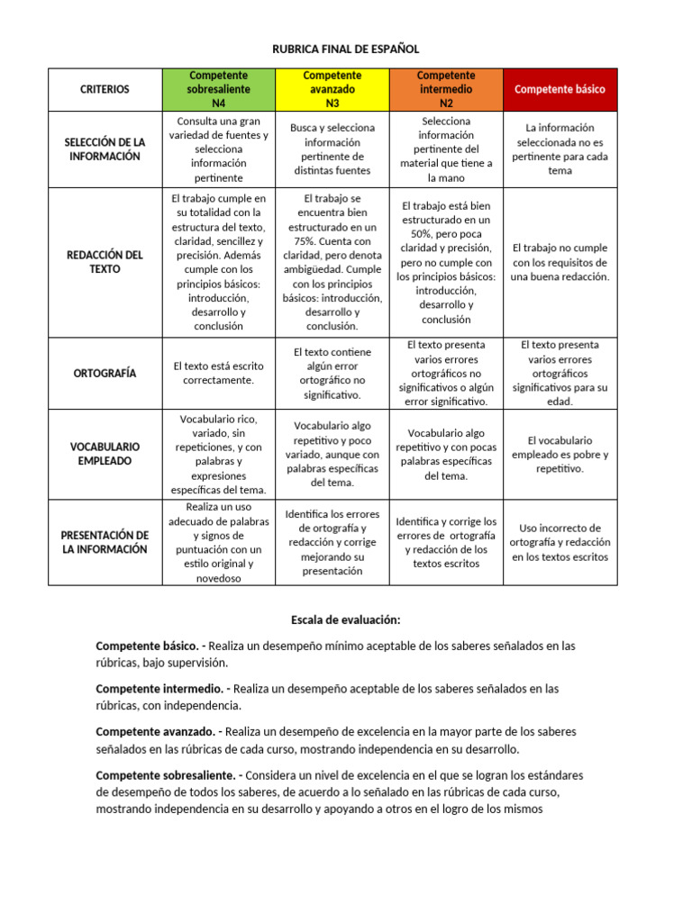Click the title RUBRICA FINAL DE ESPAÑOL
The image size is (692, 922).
[x=346, y=49]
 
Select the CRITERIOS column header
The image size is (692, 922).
[x=105, y=89]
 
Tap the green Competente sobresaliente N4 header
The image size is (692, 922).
[x=218, y=89]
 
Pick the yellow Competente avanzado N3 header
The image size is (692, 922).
[x=332, y=89]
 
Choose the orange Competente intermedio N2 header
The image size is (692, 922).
[x=446, y=89]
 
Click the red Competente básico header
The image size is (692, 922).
[x=560, y=89]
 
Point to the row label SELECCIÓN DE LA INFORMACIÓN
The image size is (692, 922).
[x=105, y=149]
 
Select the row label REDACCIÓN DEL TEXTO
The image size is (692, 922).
[x=105, y=262]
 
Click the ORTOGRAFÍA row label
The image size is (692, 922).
[x=105, y=373]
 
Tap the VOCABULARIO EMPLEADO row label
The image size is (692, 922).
[x=105, y=454]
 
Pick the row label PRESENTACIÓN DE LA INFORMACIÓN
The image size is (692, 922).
[x=105, y=542]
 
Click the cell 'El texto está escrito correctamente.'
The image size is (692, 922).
[x=218, y=373]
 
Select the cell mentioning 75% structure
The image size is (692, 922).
[x=332, y=262]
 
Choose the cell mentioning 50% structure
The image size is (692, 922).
[x=446, y=262]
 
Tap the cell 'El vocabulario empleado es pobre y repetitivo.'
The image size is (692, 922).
[x=560, y=454]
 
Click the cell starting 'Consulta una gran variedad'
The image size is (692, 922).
[x=218, y=149]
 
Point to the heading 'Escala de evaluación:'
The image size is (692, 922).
[x=346, y=619]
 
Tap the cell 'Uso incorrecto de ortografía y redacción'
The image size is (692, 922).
[x=560, y=542]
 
